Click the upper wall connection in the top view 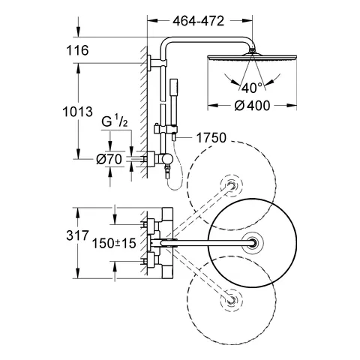coord(148,223)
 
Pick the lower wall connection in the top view coord(148,259)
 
